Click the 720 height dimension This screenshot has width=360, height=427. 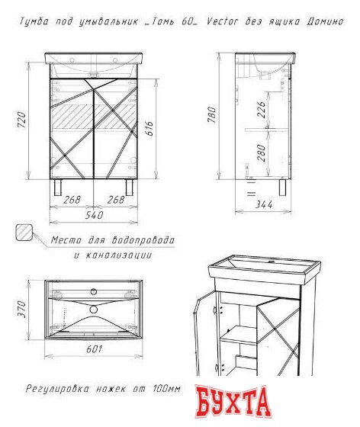click(21, 120)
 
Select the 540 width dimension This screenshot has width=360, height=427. click(95, 215)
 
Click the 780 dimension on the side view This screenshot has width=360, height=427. click(211, 114)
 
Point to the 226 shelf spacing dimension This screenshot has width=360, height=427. click(261, 110)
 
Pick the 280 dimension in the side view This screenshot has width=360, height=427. click(261, 152)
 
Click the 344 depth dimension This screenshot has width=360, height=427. click(264, 204)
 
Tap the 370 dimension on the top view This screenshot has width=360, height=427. click(21, 310)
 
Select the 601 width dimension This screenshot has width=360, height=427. click(95, 349)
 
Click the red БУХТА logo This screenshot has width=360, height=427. click(233, 402)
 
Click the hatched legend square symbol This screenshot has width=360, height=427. click(24, 233)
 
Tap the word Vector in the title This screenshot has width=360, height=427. click(222, 21)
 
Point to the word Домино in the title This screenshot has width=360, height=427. click(325, 21)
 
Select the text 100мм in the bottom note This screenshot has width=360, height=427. click(166, 389)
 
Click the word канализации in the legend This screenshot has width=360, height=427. click(119, 255)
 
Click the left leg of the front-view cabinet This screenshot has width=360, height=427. click(58, 187)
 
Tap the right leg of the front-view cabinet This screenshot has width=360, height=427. click(130, 187)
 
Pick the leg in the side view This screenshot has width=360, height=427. click(282, 187)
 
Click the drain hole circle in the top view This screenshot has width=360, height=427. click(93, 310)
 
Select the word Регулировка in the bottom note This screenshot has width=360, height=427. click(57, 389)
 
